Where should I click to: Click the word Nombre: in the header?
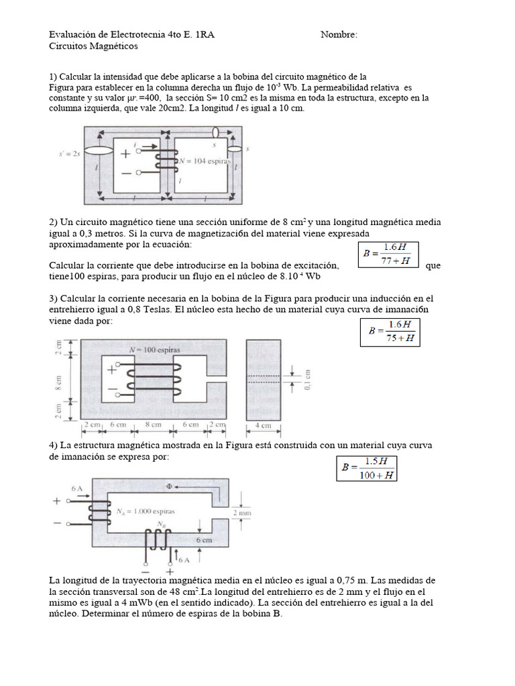click(339, 35)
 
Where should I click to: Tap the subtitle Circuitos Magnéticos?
click(93, 46)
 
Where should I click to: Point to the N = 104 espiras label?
click(203, 163)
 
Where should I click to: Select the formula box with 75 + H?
click(390, 331)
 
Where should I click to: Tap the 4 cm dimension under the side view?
click(264, 425)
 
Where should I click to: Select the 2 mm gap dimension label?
click(242, 513)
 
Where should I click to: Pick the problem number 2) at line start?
click(54, 222)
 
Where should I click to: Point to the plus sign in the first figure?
click(125, 153)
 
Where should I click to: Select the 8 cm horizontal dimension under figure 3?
click(153, 425)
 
